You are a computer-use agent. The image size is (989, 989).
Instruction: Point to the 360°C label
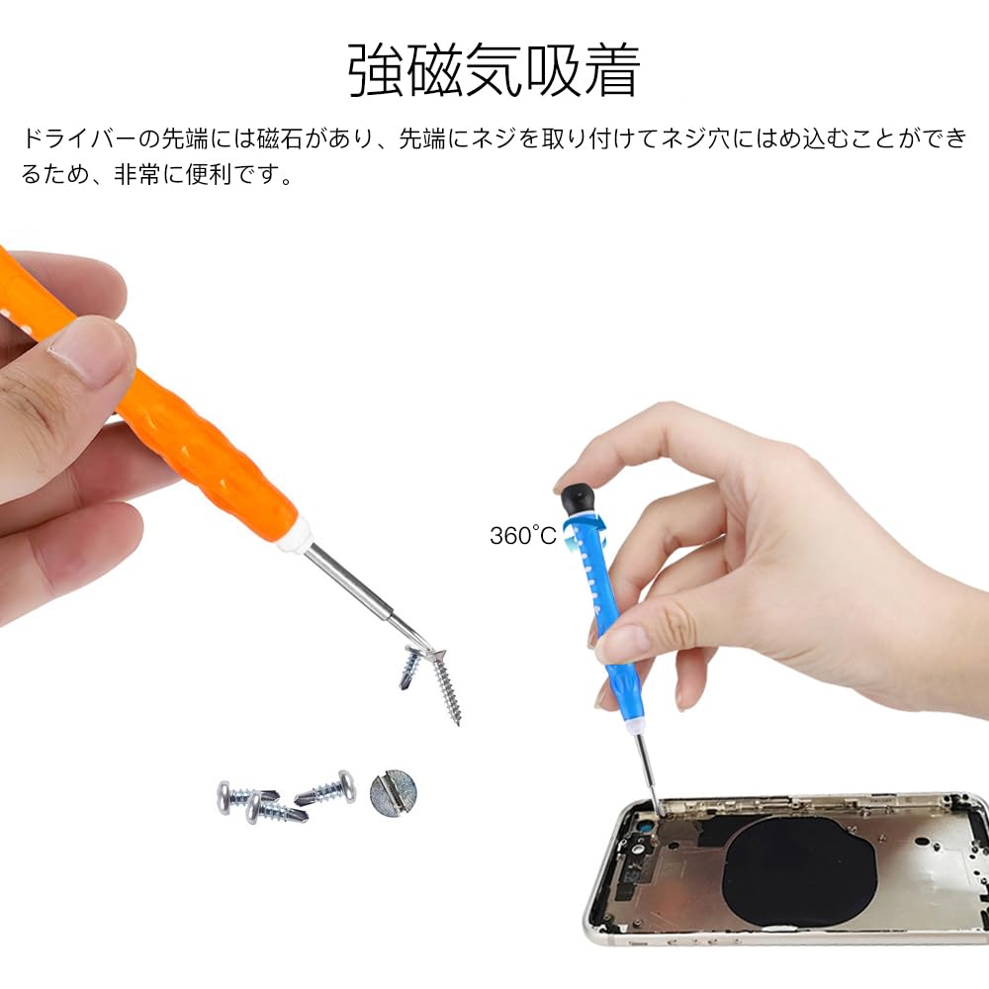[x=523, y=536]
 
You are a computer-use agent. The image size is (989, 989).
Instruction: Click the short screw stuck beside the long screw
[x=410, y=668]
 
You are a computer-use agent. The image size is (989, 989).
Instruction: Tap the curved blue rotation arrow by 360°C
[x=569, y=539]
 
